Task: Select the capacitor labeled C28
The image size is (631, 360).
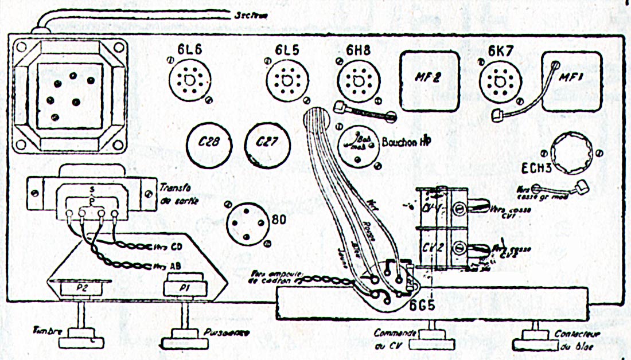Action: [x=208, y=144]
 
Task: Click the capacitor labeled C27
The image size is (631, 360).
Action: [x=267, y=143]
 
